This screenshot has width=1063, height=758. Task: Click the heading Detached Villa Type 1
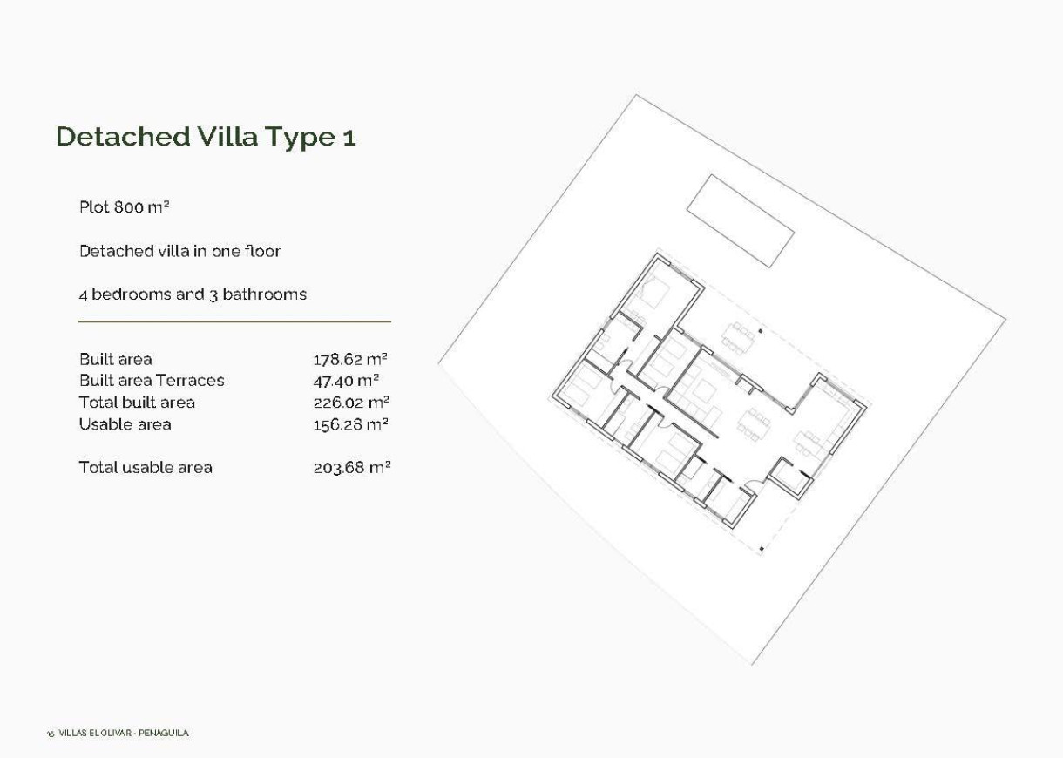tap(206, 138)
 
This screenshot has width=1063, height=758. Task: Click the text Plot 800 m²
tap(124, 208)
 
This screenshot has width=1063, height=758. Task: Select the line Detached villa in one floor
tap(179, 251)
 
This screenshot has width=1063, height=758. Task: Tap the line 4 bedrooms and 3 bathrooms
tap(193, 294)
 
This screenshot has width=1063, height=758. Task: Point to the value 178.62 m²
tap(350, 359)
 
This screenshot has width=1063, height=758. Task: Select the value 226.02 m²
tap(350, 403)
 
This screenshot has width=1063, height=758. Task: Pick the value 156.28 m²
tap(350, 424)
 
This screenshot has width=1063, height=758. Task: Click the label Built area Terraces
tap(152, 380)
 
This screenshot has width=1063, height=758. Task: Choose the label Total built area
tap(137, 403)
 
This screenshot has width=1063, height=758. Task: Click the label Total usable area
tap(146, 468)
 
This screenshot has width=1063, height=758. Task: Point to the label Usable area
tap(125, 424)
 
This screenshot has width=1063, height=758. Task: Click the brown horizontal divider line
tap(234, 321)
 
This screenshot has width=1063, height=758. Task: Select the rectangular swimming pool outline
tap(740, 220)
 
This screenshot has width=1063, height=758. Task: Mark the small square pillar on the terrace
tap(761, 331)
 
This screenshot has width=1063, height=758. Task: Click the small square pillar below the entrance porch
tap(762, 548)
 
